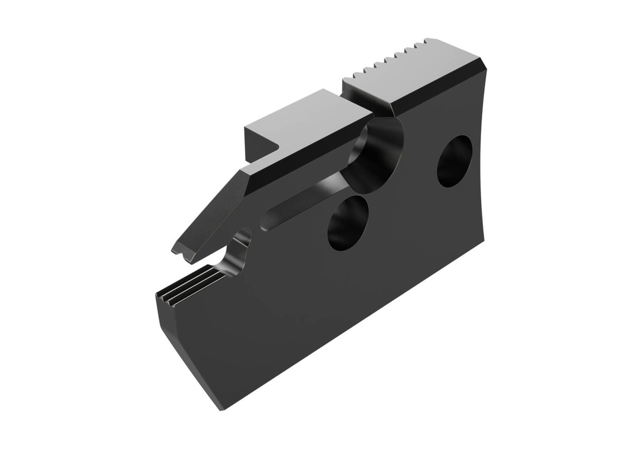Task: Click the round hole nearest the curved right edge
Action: (x=455, y=161)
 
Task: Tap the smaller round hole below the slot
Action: (x=347, y=223)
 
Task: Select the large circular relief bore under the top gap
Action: (x=376, y=154)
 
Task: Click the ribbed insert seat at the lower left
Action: (x=188, y=286)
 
